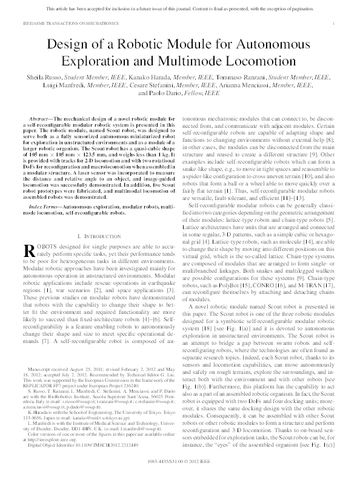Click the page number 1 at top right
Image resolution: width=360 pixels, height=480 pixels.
[x=334, y=22]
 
